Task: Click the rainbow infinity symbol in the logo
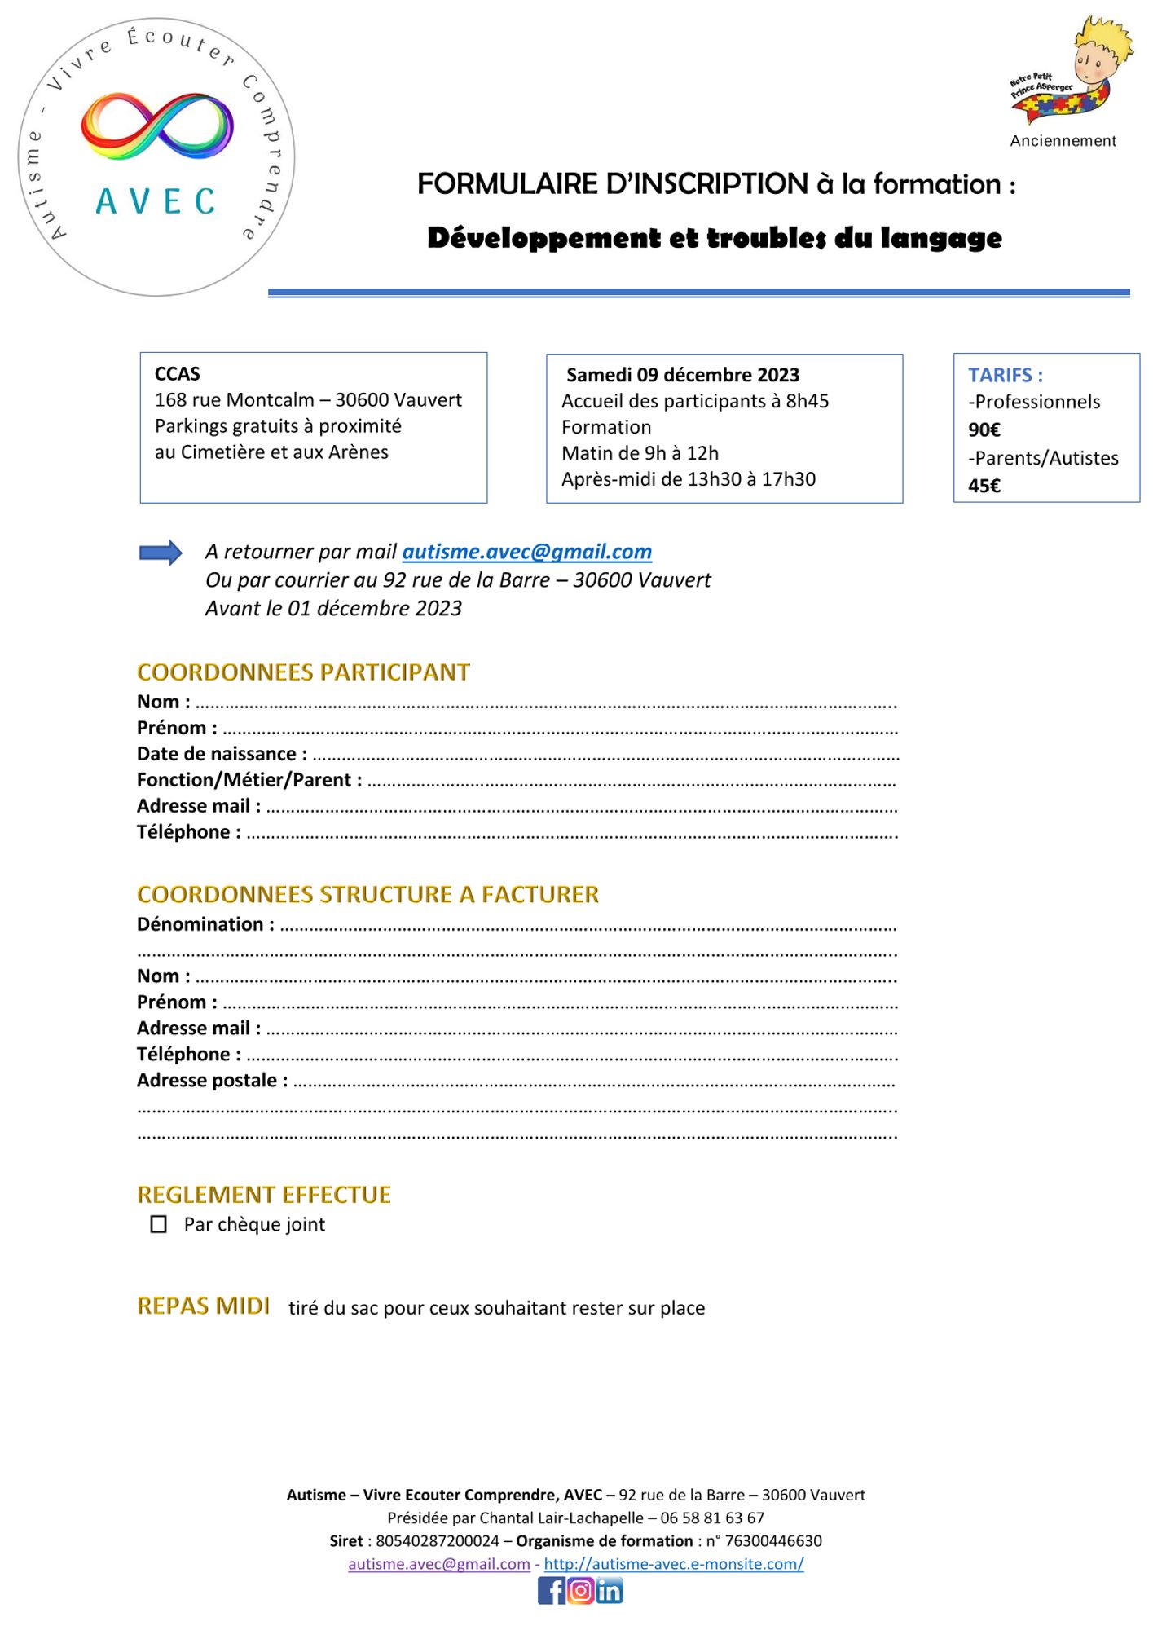point(157,126)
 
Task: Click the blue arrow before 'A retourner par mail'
point(161,553)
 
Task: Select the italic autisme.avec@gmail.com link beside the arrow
point(526,552)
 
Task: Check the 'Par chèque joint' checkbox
point(159,1224)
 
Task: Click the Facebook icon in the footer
point(551,1591)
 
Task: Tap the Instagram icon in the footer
point(580,1591)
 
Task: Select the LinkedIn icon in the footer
point(610,1591)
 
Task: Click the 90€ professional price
point(984,430)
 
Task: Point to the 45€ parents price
point(984,486)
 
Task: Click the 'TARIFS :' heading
point(1005,375)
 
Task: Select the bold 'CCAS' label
point(177,373)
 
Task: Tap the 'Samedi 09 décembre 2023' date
point(683,375)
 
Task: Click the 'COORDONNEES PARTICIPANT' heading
point(303,672)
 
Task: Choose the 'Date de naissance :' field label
point(222,754)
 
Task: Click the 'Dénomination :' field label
point(205,924)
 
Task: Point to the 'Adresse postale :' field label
point(212,1080)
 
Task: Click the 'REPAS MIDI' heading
point(203,1306)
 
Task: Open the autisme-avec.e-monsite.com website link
point(673,1563)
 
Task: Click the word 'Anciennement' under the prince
point(1063,141)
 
